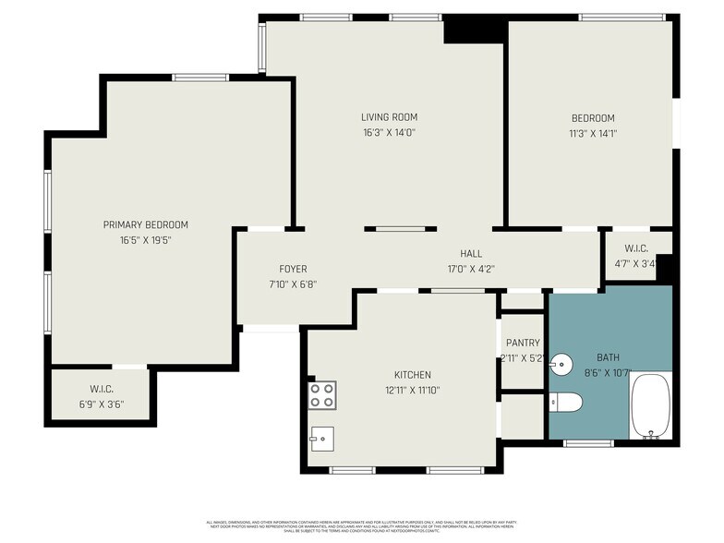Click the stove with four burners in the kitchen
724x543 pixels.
321,395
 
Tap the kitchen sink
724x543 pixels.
321,434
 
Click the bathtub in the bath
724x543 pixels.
651,406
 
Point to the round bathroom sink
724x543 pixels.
560,364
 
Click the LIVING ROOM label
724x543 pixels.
389,117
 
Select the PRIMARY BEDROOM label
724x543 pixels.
145,224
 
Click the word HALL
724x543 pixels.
471,254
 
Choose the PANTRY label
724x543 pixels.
522,344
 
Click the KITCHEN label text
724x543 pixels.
412,375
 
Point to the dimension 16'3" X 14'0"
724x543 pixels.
389,132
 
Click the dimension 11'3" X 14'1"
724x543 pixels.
592,132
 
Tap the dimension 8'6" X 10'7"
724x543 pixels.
609,373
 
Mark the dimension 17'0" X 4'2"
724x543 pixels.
471,270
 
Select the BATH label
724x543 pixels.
609,357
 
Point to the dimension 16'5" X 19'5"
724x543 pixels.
145,240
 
